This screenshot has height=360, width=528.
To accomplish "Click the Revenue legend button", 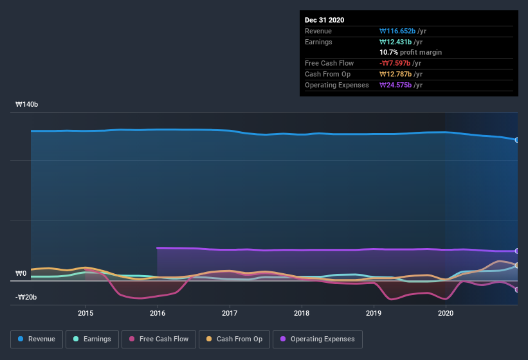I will click(x=37, y=339).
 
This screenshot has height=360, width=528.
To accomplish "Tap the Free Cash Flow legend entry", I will click(x=159, y=339).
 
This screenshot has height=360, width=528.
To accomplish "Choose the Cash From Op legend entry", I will click(x=234, y=339).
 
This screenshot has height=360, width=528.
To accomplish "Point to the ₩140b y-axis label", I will click(x=26, y=104).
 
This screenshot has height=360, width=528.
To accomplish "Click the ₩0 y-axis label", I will click(x=21, y=274).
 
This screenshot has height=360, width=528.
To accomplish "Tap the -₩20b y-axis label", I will click(x=26, y=297).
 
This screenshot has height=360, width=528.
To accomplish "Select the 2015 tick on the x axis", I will click(x=86, y=313).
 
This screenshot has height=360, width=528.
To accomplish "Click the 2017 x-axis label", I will click(x=230, y=313).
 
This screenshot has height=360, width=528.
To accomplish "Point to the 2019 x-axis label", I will click(x=374, y=313).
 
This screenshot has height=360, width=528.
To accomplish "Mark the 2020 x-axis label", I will click(x=446, y=313).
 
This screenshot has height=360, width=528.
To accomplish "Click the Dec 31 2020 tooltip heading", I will click(x=324, y=20).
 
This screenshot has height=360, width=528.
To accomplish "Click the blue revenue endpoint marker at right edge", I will click(x=516, y=139).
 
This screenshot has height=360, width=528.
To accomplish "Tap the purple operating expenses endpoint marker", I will click(x=516, y=251).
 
